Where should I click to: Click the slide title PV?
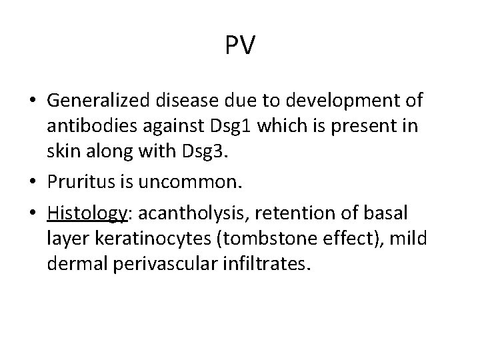tap(240, 45)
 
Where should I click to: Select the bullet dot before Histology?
tap(32, 215)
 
